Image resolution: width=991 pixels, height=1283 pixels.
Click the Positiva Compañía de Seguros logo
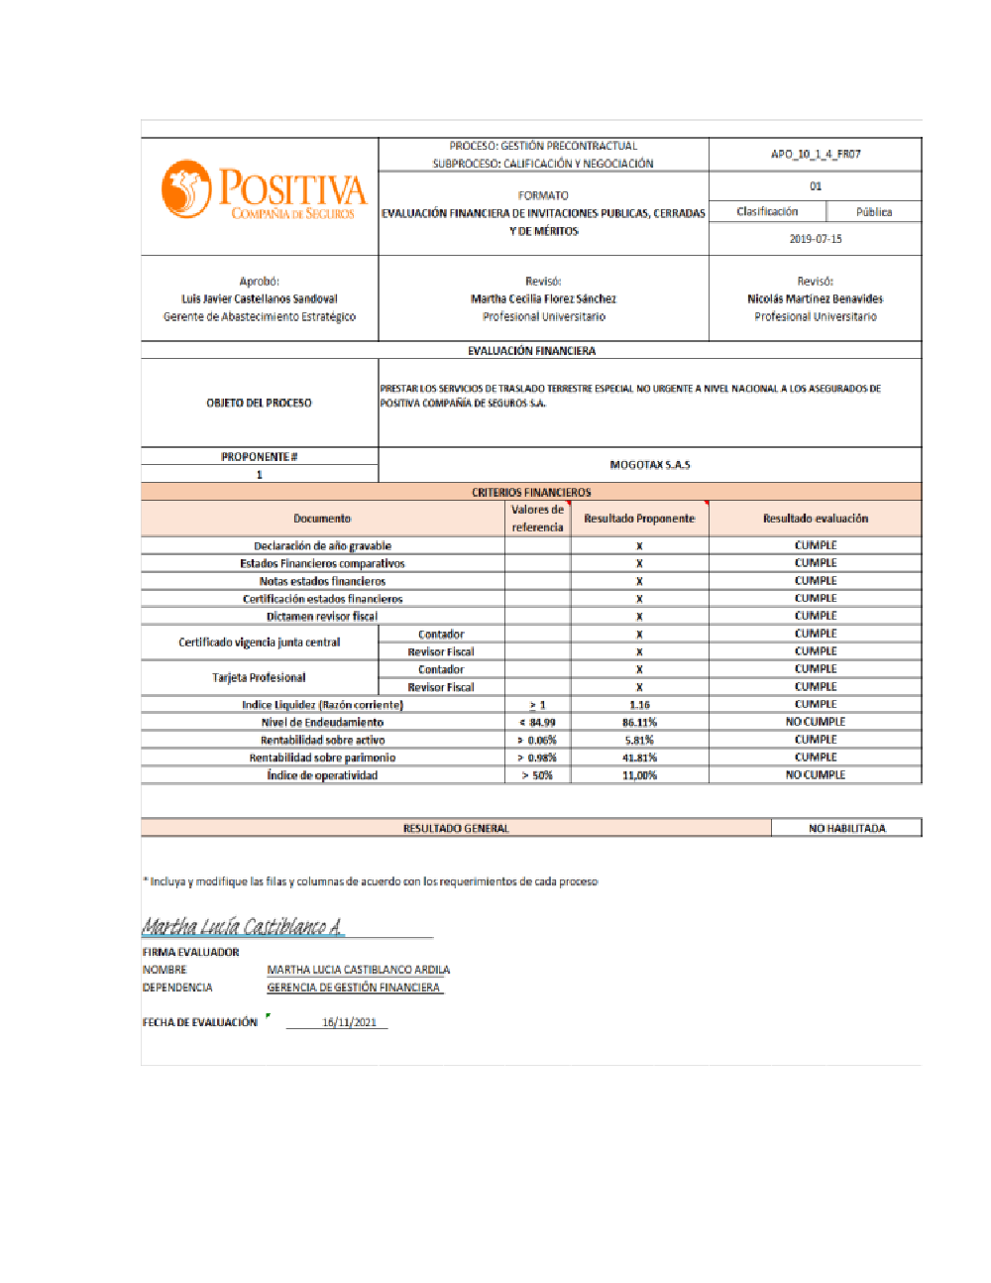[x=264, y=190]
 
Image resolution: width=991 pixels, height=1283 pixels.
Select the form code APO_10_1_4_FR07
[x=816, y=155]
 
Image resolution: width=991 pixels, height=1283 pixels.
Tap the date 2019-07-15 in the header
[x=816, y=239]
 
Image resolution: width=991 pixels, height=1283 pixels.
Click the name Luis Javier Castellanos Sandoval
[x=260, y=298]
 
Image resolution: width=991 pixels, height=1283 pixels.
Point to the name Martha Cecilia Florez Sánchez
[x=543, y=298]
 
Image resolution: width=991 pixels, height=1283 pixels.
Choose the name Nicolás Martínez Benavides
[x=816, y=298]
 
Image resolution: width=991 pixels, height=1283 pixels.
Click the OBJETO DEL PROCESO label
[x=259, y=404]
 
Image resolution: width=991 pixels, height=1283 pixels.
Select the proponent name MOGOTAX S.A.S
[x=650, y=465]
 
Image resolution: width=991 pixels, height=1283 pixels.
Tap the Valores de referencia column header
[x=537, y=519]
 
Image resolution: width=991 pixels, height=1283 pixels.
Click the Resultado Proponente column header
[x=639, y=519]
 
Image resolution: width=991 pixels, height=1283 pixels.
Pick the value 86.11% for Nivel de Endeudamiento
[x=639, y=723]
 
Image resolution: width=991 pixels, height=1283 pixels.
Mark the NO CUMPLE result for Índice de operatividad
[x=816, y=775]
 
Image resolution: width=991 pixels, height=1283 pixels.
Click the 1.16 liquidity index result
[x=639, y=705]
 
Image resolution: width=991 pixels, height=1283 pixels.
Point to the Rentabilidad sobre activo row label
[x=322, y=741]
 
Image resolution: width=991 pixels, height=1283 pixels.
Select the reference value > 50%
[x=537, y=775]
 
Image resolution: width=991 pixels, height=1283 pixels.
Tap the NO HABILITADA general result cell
[x=846, y=828]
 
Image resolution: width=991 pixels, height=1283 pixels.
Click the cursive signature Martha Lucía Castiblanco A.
[x=243, y=927]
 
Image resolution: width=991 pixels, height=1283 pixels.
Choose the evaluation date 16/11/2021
[x=349, y=1022]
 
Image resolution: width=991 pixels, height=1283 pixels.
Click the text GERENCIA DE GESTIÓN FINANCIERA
[x=354, y=988]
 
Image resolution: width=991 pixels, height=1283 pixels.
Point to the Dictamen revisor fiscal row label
[x=322, y=617]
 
